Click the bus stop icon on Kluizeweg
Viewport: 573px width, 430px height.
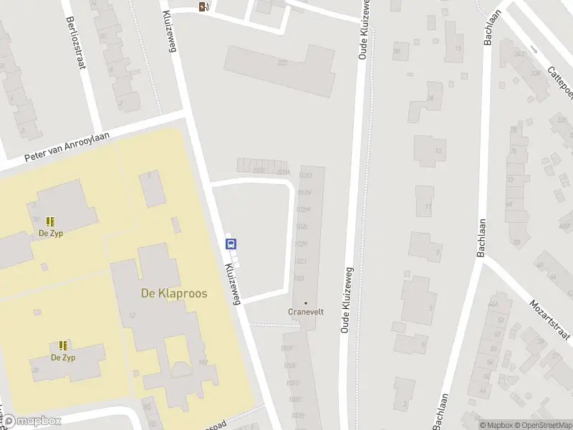[x=231, y=243]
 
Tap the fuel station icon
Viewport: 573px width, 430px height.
[x=204, y=7]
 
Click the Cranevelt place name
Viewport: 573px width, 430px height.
[x=307, y=312]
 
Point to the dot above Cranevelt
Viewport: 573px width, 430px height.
[x=307, y=302]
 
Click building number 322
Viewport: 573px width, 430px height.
[x=281, y=63]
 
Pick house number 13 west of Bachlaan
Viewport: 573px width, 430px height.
[x=438, y=150]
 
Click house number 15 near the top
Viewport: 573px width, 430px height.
[x=457, y=49]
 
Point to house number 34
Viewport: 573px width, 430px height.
[x=430, y=97]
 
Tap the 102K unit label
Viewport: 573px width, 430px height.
[x=301, y=244]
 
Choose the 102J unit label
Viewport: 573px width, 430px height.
[x=301, y=261]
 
